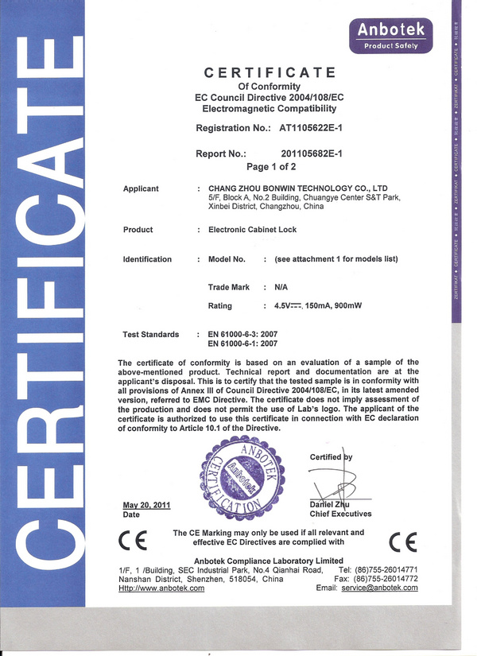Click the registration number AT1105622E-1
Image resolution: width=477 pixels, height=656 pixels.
pyautogui.click(x=311, y=127)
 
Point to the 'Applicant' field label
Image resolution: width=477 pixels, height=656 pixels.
pyautogui.click(x=141, y=188)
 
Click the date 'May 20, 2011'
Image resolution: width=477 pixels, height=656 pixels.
pyautogui.click(x=147, y=505)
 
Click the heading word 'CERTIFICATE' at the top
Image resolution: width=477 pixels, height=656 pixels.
pyautogui.click(x=270, y=73)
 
